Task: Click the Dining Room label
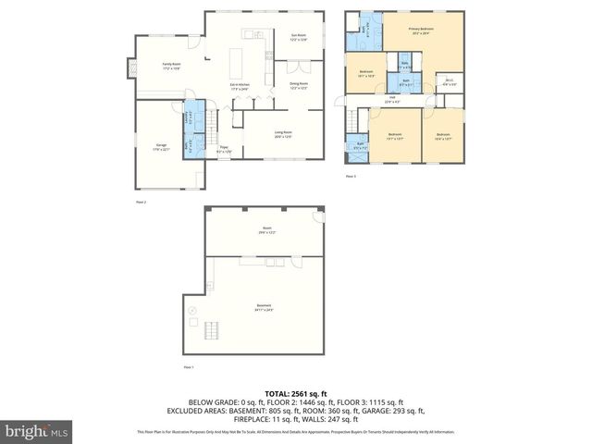(298, 86)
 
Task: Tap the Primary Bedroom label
(422, 31)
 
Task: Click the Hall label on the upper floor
(392, 99)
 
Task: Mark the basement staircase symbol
(212, 330)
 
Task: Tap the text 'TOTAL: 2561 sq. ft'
(295, 393)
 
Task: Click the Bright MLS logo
(37, 430)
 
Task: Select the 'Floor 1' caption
(189, 368)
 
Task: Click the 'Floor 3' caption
(350, 176)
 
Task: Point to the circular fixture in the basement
(192, 312)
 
